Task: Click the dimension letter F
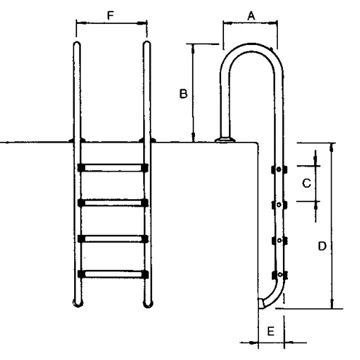(111, 16)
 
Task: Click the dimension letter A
(251, 16)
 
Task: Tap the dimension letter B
(183, 94)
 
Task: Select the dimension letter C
(306, 183)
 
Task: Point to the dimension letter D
(322, 246)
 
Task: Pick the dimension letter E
(271, 331)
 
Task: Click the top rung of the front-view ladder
(113, 167)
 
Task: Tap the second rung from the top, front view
(113, 203)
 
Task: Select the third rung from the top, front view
(113, 239)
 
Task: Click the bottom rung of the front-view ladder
(113, 273)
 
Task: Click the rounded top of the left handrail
(76, 44)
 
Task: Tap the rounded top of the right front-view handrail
(147, 44)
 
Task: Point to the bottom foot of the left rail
(78, 303)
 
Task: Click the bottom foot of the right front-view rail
(148, 303)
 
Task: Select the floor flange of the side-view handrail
(225, 140)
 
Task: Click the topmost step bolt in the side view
(279, 169)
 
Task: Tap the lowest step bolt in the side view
(280, 274)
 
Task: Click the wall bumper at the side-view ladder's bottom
(261, 303)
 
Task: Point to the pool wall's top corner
(257, 143)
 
